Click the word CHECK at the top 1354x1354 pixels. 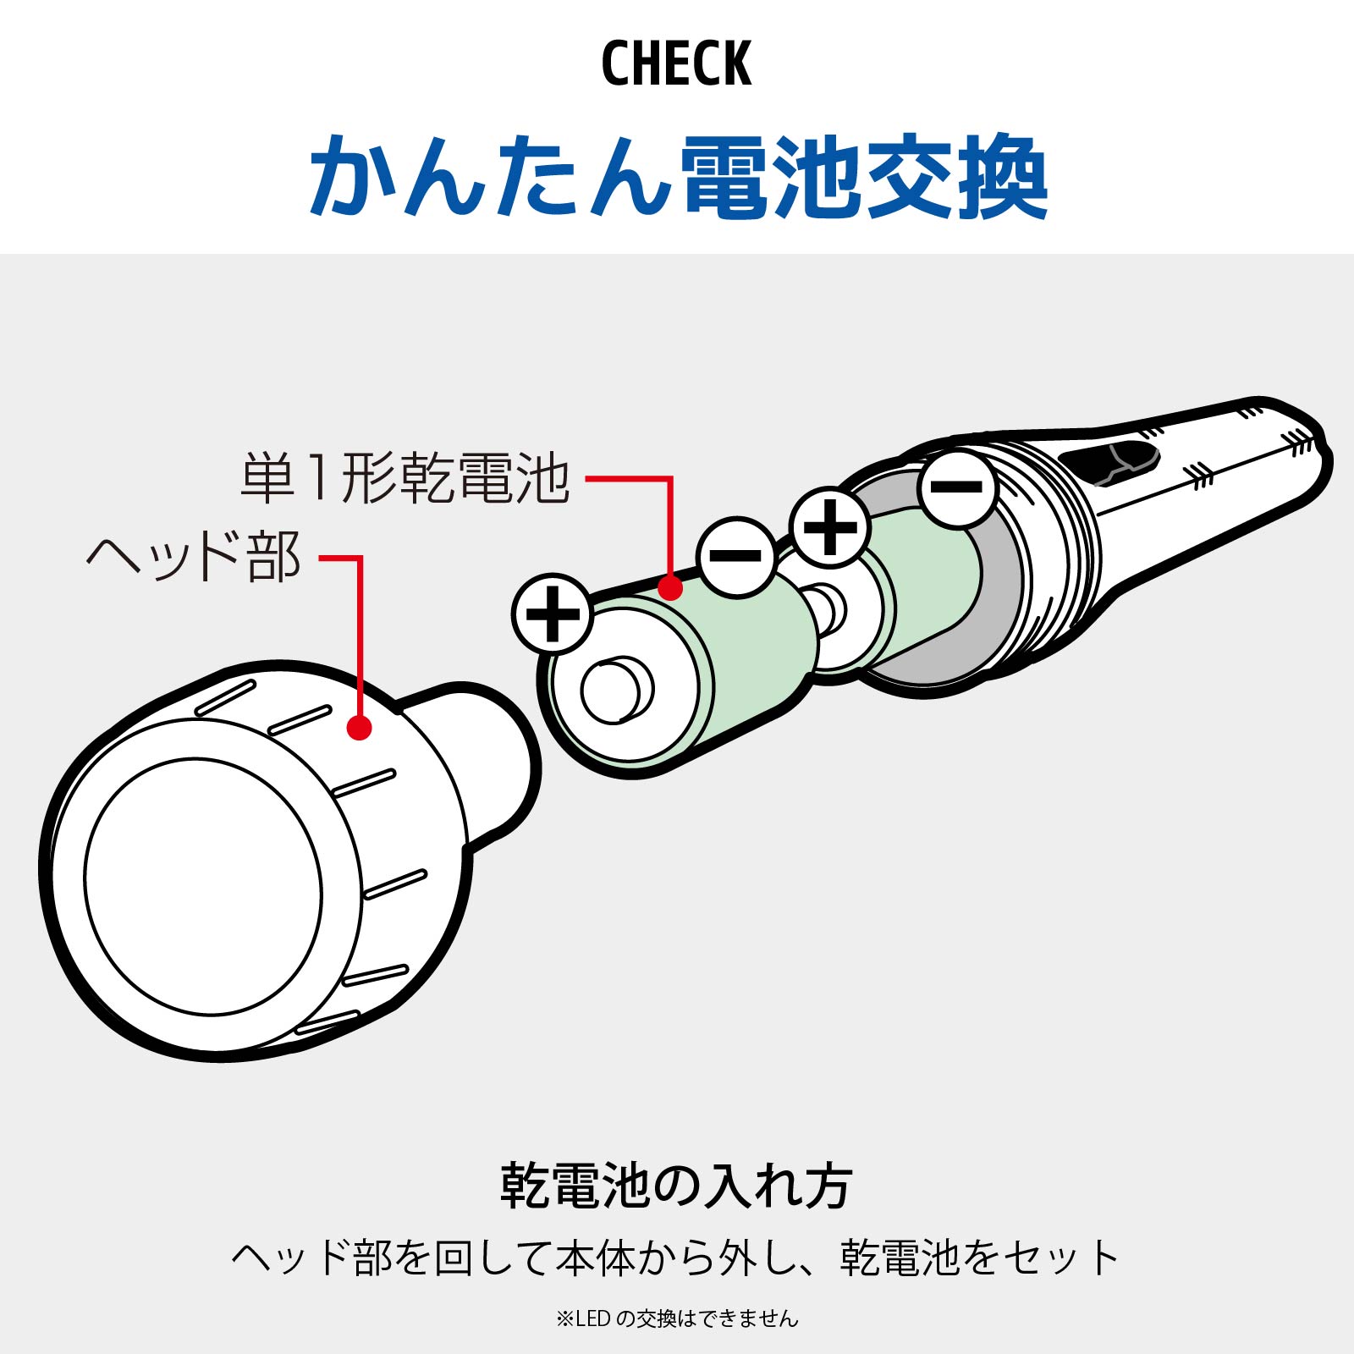point(676,64)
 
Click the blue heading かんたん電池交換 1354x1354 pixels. point(678,177)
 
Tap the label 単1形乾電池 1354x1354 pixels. point(405,479)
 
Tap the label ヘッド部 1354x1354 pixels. point(194,557)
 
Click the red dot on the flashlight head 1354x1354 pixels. point(360,728)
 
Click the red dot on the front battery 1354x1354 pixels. point(670,587)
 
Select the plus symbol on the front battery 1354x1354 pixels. point(553,614)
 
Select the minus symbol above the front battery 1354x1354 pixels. point(736,556)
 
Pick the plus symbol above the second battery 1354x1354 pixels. point(829,526)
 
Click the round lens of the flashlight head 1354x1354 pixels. point(203,884)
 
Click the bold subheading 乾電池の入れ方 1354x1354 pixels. point(676,1186)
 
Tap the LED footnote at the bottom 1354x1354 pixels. point(676,1318)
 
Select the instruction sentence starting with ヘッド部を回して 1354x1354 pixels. point(676,1258)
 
